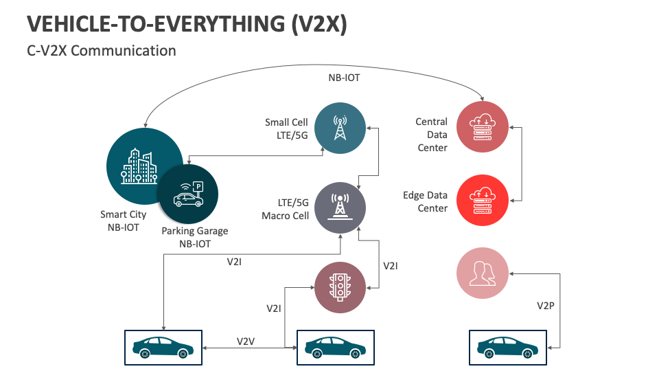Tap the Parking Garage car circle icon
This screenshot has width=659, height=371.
[x=187, y=194]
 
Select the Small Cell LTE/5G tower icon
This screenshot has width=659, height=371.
[x=340, y=128]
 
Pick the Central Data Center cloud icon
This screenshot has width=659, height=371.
[x=483, y=127]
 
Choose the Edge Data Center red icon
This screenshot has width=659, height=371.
[x=483, y=200]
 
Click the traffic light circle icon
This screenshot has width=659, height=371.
[x=340, y=287]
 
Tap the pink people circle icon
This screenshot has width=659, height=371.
[x=483, y=273]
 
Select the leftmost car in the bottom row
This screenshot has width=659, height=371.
[x=163, y=347]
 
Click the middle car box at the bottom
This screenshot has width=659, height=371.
[x=335, y=347]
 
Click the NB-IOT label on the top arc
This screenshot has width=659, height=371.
[x=343, y=78]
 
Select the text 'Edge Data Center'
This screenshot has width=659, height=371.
[x=425, y=201]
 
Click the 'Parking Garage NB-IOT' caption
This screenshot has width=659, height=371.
[x=195, y=237]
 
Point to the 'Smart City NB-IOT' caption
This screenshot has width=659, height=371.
[x=124, y=221]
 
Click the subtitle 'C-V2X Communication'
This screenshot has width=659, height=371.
[x=102, y=51]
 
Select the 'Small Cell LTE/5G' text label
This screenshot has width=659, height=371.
[x=287, y=128]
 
